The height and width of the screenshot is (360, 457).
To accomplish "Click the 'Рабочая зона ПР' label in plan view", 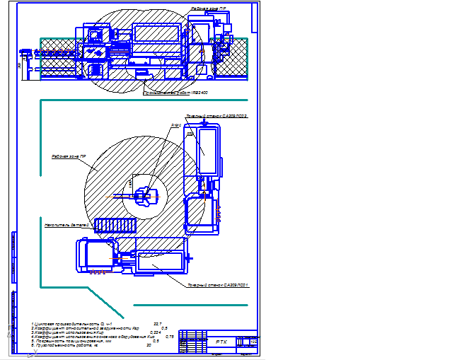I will [69, 156].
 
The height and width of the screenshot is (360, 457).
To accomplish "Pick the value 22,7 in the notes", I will [157, 323].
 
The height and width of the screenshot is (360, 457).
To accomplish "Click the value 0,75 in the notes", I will [169, 336].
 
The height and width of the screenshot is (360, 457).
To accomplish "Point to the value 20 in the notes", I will [149, 345].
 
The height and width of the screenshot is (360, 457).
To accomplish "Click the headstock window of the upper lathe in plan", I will [209, 152].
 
